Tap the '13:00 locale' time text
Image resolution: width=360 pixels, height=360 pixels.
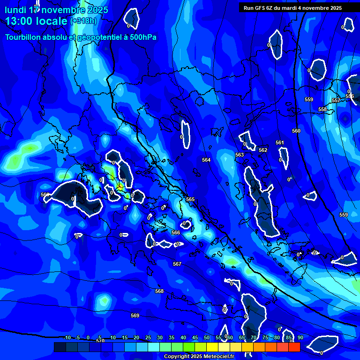[x=37, y=21]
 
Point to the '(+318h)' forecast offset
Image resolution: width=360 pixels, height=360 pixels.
[x=84, y=21]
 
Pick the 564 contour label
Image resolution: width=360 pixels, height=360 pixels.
[x=206, y=160]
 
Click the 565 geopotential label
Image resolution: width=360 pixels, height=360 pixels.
[x=190, y=199]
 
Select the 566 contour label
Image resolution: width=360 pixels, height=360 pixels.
[x=176, y=232]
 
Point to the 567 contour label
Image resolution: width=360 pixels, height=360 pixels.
[x=177, y=264]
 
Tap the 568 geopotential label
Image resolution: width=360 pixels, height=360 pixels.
[x=159, y=291]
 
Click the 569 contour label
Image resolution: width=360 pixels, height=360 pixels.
[x=135, y=315]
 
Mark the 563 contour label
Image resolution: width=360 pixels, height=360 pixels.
[x=240, y=155]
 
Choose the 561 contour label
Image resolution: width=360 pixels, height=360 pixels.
[x=279, y=142]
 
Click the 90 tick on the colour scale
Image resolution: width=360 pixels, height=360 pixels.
[x=300, y=337]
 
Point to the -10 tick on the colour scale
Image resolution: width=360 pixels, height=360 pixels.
[x=67, y=337]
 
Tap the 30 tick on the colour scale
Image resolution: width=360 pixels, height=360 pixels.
[x=160, y=337]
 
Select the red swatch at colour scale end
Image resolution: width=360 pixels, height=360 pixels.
[x=294, y=347]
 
